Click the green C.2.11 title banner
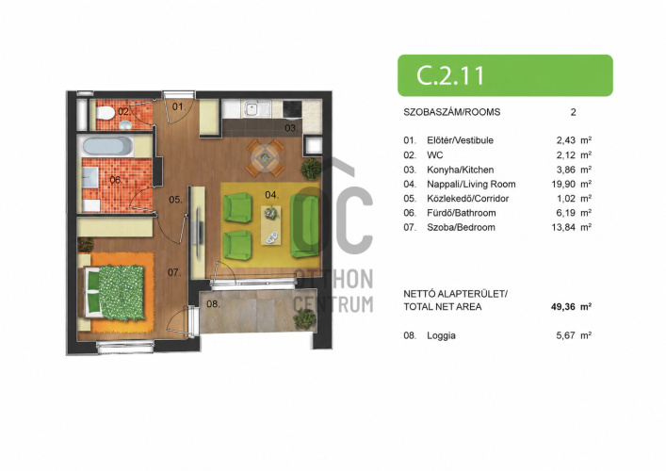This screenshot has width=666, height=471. coord(505,75)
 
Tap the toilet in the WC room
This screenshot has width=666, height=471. coord(105,113)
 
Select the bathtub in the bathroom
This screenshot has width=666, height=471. coord(107,147)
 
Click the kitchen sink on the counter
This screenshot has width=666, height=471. coord(256,108)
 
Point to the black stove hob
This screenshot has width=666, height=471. coord(292,108)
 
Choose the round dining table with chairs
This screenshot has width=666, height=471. coord(265,158)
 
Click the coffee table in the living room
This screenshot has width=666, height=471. coord(270,225)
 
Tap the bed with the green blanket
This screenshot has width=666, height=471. coord(115,292)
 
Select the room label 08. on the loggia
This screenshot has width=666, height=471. coord(213,303)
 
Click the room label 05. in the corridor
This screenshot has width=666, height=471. coord(175,199)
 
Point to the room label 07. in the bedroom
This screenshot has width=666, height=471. coord(174,272)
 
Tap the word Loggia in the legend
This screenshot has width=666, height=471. coord(441,335)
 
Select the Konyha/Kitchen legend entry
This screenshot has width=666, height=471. coord(461,170)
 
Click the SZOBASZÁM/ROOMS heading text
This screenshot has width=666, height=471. coord(452,112)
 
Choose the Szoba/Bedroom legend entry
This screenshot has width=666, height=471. coord(461,227)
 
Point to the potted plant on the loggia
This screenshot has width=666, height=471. coord(304,318)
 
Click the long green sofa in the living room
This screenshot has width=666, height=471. coord(304,225)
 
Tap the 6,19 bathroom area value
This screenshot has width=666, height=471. coord(565,213)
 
